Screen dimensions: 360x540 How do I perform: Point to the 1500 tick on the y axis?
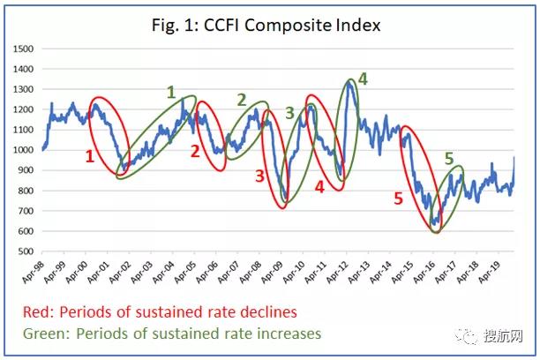[x=26, y=48]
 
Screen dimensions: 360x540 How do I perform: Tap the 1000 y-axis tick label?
[x=26, y=150]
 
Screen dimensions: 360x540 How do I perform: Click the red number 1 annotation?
[x=89, y=156]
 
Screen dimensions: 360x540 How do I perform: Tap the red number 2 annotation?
[x=195, y=151]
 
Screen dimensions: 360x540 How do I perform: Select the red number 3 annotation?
[x=259, y=176]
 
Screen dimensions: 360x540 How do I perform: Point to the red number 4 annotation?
[x=319, y=187]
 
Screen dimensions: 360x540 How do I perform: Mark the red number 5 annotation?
[x=398, y=199]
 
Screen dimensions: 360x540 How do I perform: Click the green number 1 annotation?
[x=171, y=92]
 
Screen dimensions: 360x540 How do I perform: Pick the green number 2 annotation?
[x=242, y=100]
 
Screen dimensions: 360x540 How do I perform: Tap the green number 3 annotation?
[x=289, y=112]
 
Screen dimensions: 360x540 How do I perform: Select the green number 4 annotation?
[x=363, y=79]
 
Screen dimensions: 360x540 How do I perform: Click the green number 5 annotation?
[x=449, y=159]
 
